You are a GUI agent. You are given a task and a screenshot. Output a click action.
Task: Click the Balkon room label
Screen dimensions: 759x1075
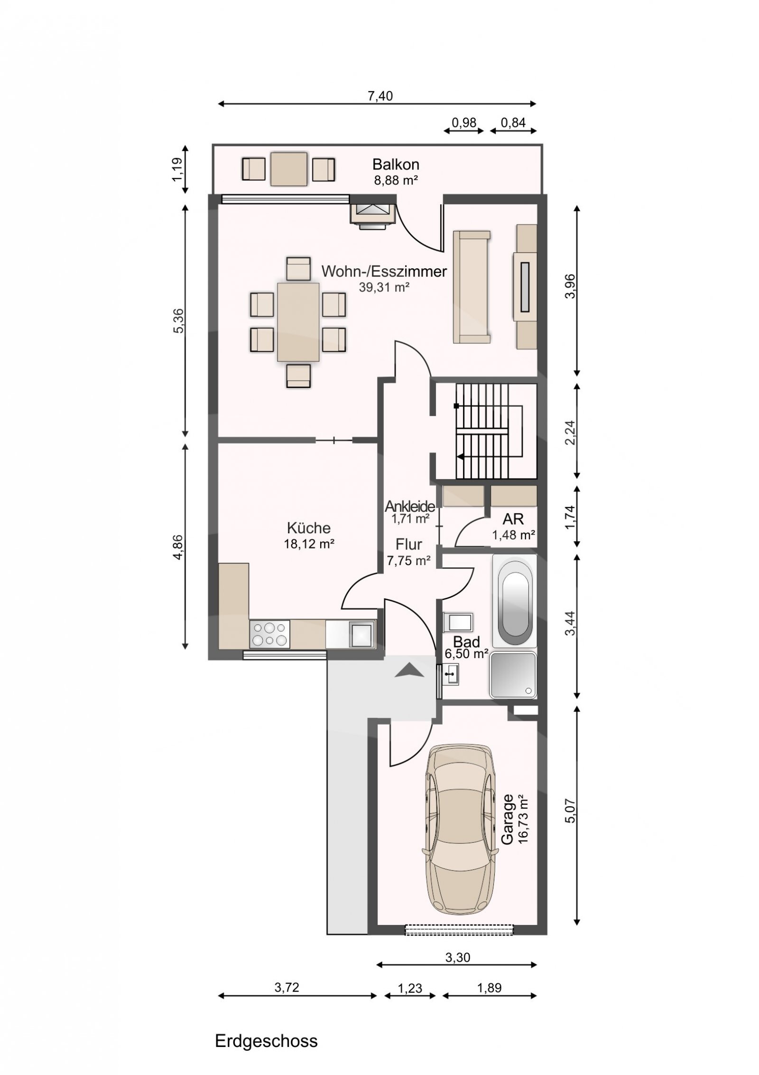coord(396,164)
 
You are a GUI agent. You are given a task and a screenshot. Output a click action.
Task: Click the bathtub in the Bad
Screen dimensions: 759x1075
coord(515,600)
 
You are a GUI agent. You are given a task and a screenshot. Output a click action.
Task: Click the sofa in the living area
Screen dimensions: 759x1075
coord(472,286)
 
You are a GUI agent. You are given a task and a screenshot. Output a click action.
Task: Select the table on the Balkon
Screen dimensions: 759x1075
coord(289,169)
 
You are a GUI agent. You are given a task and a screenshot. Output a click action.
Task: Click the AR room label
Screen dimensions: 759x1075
coord(514,519)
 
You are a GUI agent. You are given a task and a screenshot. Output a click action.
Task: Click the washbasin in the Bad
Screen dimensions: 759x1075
coord(450,674)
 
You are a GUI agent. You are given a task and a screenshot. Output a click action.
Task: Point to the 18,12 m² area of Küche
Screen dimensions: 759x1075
coord(309,544)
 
